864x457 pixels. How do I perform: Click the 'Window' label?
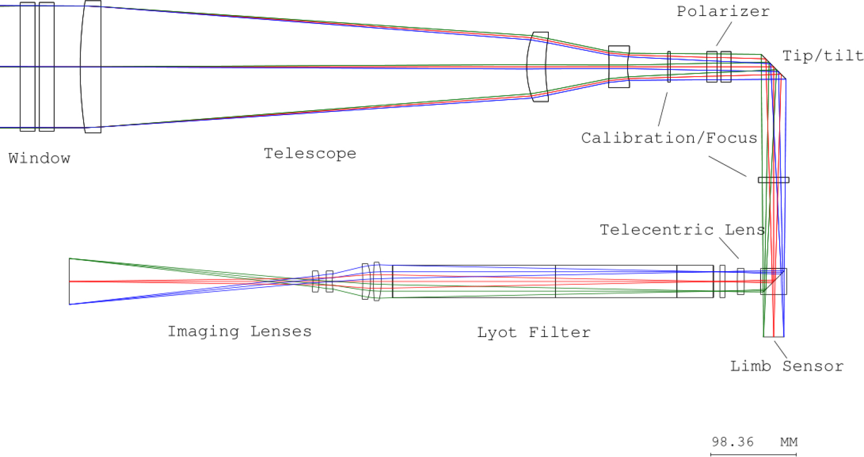[x=39, y=158]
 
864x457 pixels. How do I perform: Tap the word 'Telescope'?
[x=310, y=153]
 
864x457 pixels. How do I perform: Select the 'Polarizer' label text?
[x=723, y=11]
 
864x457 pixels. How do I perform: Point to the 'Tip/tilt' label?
[x=822, y=56]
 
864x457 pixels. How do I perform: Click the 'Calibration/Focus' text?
[x=669, y=138]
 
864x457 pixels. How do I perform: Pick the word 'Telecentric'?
[x=657, y=230]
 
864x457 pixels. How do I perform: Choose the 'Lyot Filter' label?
[x=534, y=332]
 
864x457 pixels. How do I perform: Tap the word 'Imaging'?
[x=203, y=331]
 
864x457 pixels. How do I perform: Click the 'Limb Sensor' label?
[x=786, y=366]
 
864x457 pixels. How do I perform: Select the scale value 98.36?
[x=732, y=442]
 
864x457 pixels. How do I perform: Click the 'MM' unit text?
[x=788, y=442]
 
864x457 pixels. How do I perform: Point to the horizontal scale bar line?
[x=753, y=455]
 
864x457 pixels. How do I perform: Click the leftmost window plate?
[x=28, y=66]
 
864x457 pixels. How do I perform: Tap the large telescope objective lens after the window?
[x=91, y=66]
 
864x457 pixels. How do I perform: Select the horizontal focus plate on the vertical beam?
[x=773, y=180]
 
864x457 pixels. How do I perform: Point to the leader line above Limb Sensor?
[x=780, y=349]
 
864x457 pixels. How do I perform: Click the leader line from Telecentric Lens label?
[x=729, y=248]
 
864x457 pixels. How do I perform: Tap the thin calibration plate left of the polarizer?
[x=669, y=66]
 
